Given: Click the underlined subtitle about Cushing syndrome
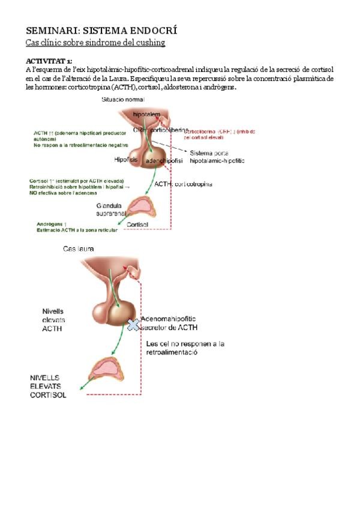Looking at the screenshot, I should coord(95,43).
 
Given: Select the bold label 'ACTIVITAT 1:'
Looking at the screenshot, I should coord(49,62).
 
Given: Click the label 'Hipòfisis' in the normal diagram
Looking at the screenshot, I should coord(126,160).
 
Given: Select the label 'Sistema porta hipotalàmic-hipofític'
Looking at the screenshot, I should coord(217,157).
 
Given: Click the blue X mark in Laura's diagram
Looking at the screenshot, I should coord(133,324).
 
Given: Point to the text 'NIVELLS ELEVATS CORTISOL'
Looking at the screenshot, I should coord(48,387).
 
